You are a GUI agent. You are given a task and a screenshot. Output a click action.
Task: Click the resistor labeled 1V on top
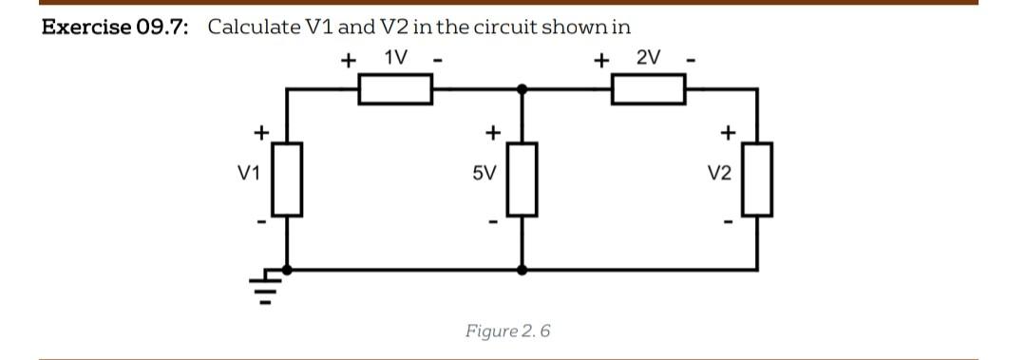coord(395,89)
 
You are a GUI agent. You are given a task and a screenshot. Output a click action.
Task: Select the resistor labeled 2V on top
coord(649,89)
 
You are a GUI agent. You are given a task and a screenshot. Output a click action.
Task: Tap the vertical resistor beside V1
coord(289,178)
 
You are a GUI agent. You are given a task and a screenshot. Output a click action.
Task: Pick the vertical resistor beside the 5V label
coord(522,178)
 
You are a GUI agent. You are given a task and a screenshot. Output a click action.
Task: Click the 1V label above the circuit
coord(396,58)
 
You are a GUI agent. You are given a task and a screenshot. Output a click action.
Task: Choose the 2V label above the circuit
coord(648,58)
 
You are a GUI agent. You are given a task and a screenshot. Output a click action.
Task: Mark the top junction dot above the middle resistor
coord(522,89)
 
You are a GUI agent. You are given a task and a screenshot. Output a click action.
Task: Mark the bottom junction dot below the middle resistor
coord(522,270)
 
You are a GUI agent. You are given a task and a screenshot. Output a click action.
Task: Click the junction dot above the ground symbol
coord(289,270)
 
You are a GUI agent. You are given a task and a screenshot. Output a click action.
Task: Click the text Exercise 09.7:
coord(115,26)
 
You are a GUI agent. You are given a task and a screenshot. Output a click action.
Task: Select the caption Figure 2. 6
coord(507,331)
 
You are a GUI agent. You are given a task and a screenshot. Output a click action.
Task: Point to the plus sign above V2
coord(728,130)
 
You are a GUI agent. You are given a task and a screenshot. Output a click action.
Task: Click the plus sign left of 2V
coord(600,61)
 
